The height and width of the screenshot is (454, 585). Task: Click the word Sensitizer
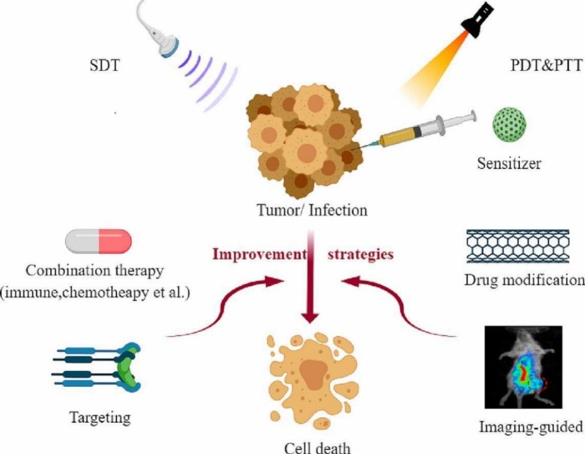tap(509, 162)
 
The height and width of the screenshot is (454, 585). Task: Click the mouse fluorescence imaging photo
tap(522, 367)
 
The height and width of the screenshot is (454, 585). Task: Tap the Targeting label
tap(100, 418)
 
